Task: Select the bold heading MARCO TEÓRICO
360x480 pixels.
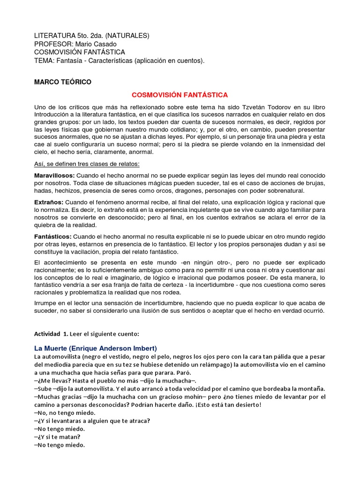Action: (63, 82)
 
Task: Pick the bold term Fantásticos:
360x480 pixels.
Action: (53, 237)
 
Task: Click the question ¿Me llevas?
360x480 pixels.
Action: (55, 380)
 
